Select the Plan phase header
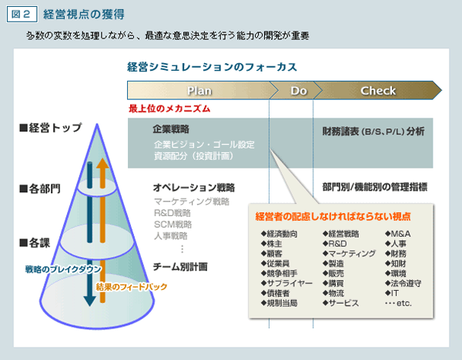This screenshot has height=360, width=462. [199, 91]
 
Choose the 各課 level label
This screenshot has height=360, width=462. [35, 243]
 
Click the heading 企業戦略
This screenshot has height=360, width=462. [171, 129]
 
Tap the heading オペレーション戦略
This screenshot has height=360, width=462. [193, 188]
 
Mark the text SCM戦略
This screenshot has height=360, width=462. [172, 225]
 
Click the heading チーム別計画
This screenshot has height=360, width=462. [180, 267]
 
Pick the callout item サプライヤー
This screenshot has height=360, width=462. [287, 283]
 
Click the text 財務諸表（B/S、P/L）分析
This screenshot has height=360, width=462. [373, 131]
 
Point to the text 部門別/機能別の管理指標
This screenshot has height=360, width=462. [374, 188]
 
